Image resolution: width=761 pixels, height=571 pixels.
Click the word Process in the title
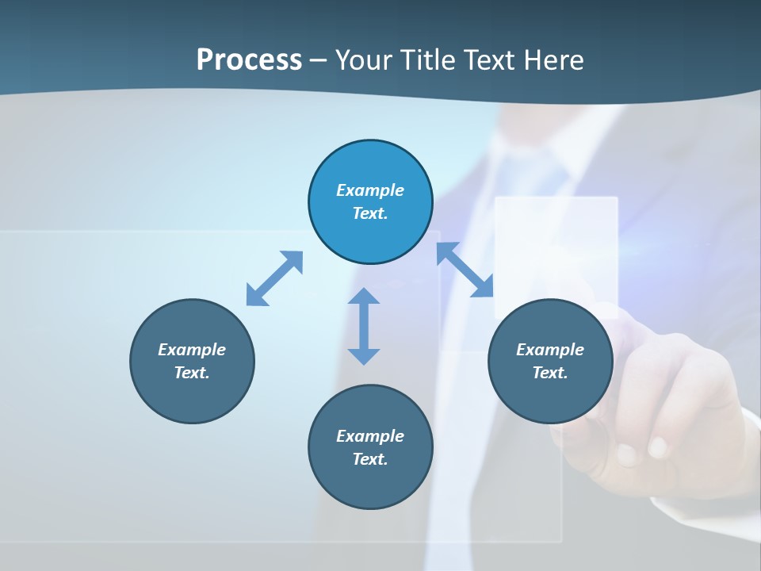point(249,60)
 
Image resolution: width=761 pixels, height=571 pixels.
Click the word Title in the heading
point(428,60)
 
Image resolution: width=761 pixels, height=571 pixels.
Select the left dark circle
point(192,397)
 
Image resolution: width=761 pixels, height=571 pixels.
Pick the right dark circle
point(550,397)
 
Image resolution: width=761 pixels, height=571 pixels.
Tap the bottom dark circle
point(370,484)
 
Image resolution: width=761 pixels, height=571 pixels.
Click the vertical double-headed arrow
point(364,326)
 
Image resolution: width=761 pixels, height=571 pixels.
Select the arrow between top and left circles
point(274,278)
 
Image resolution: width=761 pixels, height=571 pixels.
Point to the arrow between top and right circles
point(465,270)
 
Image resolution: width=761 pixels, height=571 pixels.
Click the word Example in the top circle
point(370,190)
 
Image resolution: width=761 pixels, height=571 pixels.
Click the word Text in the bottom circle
point(369,459)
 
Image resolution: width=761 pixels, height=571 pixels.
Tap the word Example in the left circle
point(192,350)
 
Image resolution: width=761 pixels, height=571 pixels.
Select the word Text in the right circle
point(549,373)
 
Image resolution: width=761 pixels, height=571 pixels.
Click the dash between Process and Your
point(319,60)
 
